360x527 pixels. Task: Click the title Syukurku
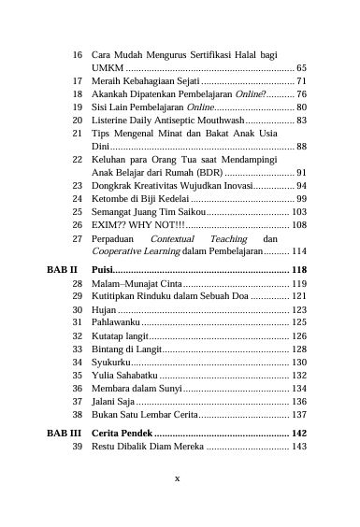click(x=111, y=362)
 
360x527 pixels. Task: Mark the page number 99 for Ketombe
click(x=301, y=199)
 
